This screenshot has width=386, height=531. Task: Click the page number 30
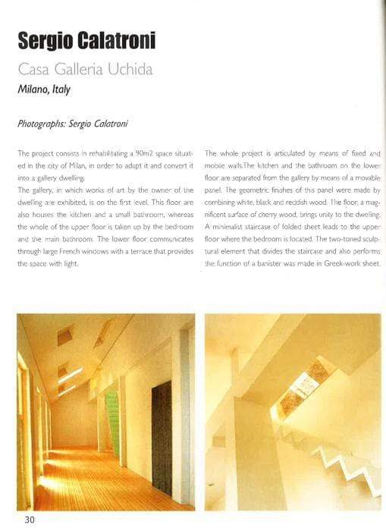28,519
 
